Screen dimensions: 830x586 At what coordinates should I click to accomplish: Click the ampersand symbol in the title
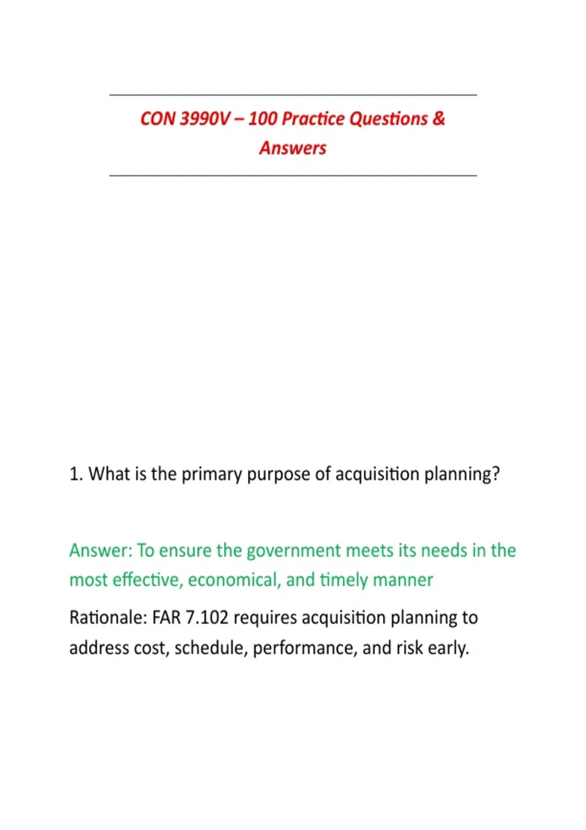pos(439,119)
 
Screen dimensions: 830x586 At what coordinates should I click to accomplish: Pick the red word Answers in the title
pos(293,148)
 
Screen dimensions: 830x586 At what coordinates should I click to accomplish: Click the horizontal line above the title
pos(293,95)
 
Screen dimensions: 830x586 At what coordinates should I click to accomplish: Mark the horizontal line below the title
pos(293,175)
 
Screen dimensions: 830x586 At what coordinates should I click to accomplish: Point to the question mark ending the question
pos(496,474)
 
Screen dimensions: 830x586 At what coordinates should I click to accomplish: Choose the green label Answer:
pos(101,551)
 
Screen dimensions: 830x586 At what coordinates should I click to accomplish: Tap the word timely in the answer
pos(344,580)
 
